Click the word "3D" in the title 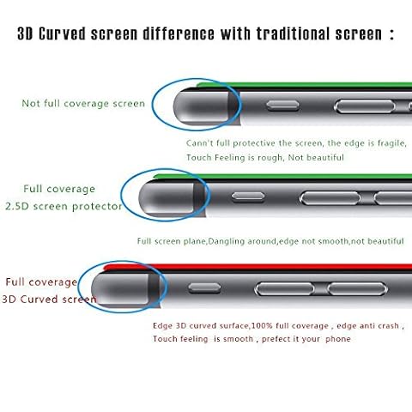pyautogui.click(x=25, y=33)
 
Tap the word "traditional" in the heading pyautogui.click(x=293, y=33)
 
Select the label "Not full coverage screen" pyautogui.click(x=83, y=103)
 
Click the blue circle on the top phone pyautogui.click(x=152, y=105)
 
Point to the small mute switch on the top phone pyautogui.click(x=282, y=106)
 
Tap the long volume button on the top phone pyautogui.click(x=365, y=106)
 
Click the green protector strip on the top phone pyautogui.click(x=304, y=85)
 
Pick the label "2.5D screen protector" pyautogui.click(x=64, y=206)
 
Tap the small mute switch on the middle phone pyautogui.click(x=248, y=197)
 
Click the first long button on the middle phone pyautogui.click(x=330, y=198)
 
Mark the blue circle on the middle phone pyautogui.click(x=121, y=195)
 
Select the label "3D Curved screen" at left pyautogui.click(x=49, y=300)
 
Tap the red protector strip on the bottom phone pyautogui.click(x=257, y=267)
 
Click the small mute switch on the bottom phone pyautogui.click(x=204, y=288)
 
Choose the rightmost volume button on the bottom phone pyautogui.click(x=357, y=289)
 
